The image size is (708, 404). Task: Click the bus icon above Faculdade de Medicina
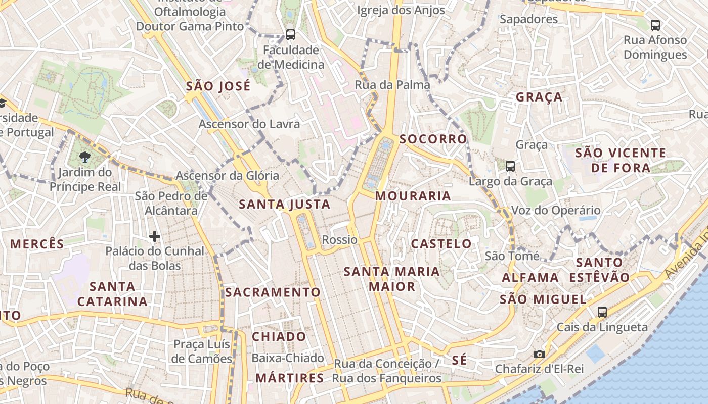tap(290, 34)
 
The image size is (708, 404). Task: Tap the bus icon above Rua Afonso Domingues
tap(655, 25)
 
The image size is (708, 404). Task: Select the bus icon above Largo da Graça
tap(510, 166)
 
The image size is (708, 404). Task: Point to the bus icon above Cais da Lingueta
tap(602, 312)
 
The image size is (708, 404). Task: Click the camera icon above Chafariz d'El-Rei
tap(540, 354)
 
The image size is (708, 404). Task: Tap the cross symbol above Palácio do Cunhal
tap(155, 236)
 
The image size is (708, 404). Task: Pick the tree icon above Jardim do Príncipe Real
tap(84, 157)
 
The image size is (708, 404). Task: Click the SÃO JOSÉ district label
tap(218, 86)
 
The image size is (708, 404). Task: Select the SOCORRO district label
tap(433, 139)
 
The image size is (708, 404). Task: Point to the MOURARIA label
tap(413, 196)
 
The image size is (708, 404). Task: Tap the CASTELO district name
tap(441, 243)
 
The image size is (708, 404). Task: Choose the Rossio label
tap(340, 240)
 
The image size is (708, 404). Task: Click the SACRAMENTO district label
tap(273, 292)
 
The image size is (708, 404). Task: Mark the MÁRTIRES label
tap(290, 378)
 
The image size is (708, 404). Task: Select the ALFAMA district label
tap(530, 277)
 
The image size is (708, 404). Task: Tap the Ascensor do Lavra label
tap(249, 124)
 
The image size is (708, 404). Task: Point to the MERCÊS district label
tap(37, 244)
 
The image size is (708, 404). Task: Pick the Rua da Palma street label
tap(392, 84)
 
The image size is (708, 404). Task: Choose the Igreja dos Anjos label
tap(401, 10)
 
